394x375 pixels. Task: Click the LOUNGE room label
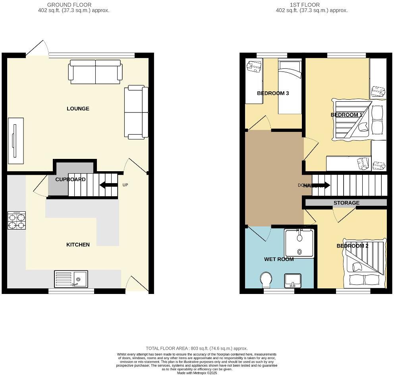click(x=78, y=109)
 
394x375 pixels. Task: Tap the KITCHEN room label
click(x=78, y=245)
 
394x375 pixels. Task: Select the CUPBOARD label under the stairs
click(x=70, y=180)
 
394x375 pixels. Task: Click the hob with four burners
click(x=17, y=221)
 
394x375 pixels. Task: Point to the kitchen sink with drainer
click(x=71, y=278)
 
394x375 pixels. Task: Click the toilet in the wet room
click(x=266, y=280)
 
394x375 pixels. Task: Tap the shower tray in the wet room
click(x=299, y=243)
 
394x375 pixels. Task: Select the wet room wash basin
click(x=293, y=281)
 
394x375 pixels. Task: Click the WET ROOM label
click(x=279, y=259)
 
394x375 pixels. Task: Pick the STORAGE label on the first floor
click(x=346, y=203)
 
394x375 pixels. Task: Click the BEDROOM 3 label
click(x=273, y=93)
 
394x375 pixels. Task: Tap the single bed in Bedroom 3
click(x=290, y=87)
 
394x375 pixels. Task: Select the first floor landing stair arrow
click(x=322, y=185)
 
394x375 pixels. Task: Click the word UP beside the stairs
click(x=125, y=185)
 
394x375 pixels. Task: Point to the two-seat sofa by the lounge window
click(x=95, y=72)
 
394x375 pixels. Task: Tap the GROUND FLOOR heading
click(x=69, y=5)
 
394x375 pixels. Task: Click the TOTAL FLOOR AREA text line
click(x=197, y=348)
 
